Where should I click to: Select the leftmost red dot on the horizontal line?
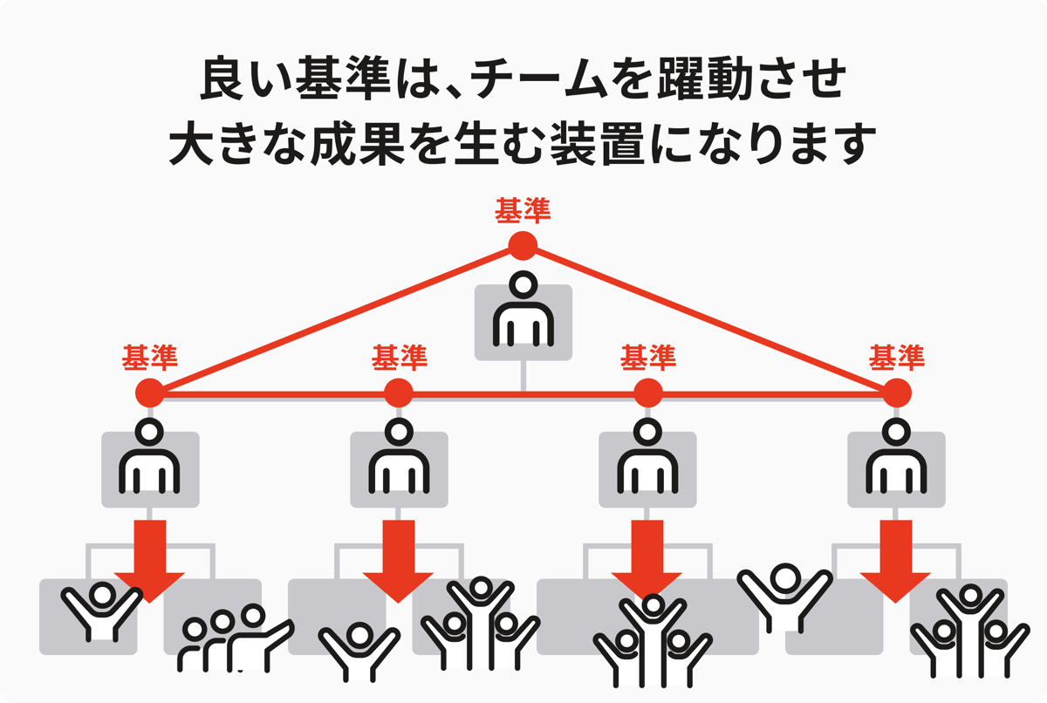point(150,393)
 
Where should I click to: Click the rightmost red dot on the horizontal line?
point(896,393)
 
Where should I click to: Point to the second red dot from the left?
point(399,393)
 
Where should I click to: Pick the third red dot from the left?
point(647,393)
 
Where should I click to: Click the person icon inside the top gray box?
point(523,312)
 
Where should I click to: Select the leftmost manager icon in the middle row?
point(150,459)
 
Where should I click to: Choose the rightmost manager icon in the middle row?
point(896,459)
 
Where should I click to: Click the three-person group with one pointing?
point(231,641)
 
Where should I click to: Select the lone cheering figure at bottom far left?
point(100,611)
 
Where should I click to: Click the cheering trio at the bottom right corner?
point(968,632)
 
